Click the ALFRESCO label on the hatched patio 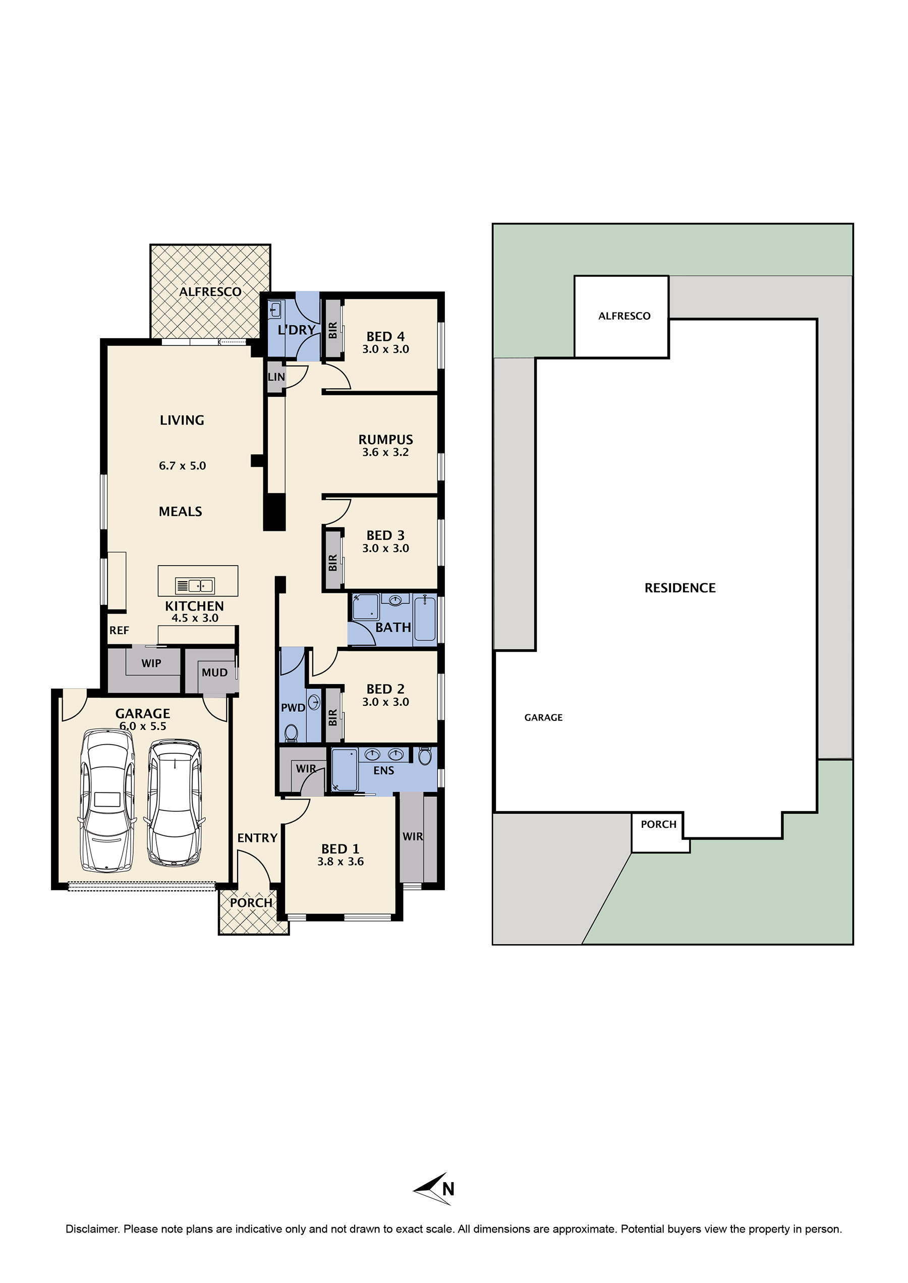point(210,292)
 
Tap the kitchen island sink point(195,586)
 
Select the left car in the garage point(107,801)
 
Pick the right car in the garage point(174,803)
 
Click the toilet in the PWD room point(291,731)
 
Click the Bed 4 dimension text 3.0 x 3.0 point(385,349)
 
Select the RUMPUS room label point(385,440)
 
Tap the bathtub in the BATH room point(425,619)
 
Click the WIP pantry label point(151,663)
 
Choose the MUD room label point(215,673)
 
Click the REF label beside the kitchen point(119,630)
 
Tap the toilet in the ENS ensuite point(425,757)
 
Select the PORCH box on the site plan point(659,825)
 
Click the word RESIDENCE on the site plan point(680,588)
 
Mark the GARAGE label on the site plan point(543,717)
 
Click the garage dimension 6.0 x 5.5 point(143,726)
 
